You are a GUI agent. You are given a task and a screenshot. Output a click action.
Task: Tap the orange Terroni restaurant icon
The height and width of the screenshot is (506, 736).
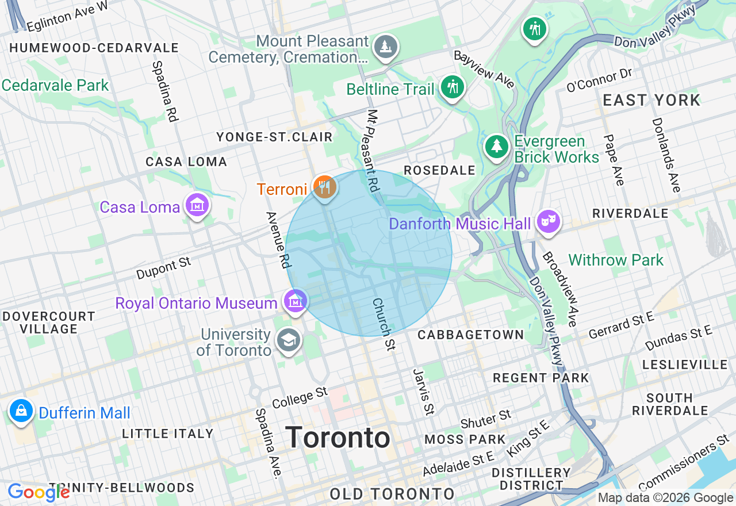(324, 187)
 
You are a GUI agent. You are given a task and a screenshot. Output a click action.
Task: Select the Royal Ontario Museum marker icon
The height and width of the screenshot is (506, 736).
(295, 301)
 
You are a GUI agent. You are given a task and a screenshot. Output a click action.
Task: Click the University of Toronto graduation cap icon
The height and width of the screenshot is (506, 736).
(289, 340)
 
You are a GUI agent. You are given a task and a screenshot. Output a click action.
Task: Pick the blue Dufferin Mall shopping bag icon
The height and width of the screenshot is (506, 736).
(21, 411)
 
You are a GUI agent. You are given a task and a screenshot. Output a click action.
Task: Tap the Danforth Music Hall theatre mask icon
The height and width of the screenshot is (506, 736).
(548, 221)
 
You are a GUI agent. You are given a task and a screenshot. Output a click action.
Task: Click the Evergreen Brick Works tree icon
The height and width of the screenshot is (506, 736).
(496, 146)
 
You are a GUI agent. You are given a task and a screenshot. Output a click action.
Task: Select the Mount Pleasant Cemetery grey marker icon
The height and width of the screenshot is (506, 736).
(385, 47)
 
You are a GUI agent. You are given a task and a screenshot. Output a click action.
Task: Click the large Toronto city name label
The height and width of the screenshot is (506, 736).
(338, 438)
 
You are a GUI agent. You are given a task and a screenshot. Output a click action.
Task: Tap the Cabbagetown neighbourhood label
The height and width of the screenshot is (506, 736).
(471, 335)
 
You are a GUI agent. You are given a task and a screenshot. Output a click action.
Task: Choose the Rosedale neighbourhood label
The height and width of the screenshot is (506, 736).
(439, 170)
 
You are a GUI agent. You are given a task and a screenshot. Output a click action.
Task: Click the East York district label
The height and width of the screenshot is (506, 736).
(651, 100)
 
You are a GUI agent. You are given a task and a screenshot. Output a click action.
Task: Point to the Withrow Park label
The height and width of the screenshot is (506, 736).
(616, 260)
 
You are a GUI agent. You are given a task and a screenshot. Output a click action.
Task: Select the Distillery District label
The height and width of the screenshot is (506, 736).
(531, 479)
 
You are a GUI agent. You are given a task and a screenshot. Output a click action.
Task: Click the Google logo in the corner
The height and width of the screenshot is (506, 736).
(39, 492)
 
